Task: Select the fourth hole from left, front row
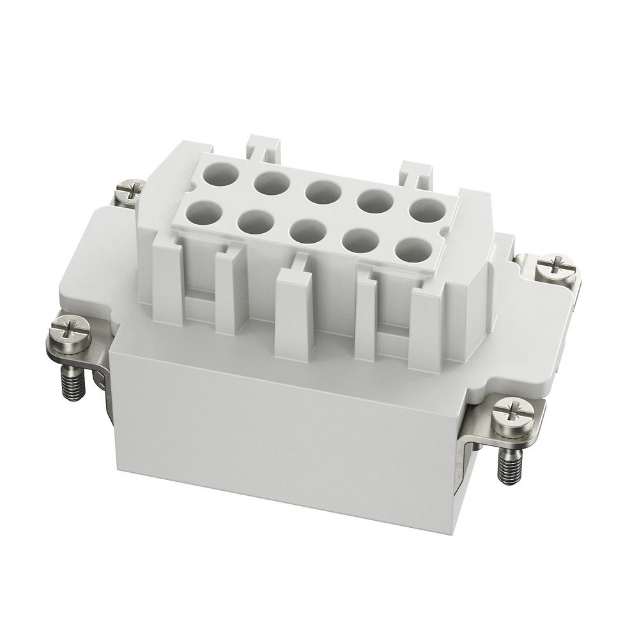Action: [360, 240]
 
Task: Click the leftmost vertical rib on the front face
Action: [168, 281]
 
